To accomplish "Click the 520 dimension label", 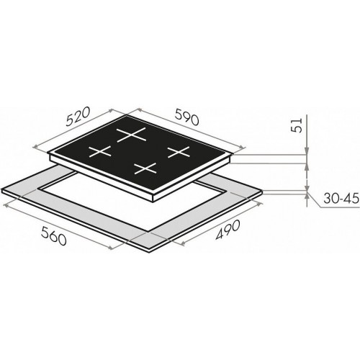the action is click(78, 117).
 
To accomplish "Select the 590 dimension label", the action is click(187, 117).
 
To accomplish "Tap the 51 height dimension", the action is click(296, 125).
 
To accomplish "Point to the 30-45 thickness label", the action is click(341, 199).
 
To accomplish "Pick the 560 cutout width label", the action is click(53, 236).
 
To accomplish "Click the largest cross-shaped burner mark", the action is click(131, 135).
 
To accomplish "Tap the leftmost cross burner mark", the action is click(100, 151).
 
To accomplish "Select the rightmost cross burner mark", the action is click(179, 152).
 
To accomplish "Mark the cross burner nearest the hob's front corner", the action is click(145, 168).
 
